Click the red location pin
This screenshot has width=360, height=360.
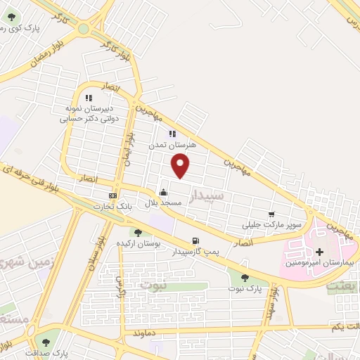point(181,165)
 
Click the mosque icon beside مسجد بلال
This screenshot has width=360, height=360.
point(164,192)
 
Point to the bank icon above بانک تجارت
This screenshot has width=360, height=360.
point(112,195)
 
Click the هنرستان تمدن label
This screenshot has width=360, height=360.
point(172,144)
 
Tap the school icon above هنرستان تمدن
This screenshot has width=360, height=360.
point(172,134)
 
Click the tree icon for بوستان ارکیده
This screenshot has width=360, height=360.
point(138,233)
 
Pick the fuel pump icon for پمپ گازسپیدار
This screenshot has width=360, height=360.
point(195,240)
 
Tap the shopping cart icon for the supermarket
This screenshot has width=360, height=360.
point(271,214)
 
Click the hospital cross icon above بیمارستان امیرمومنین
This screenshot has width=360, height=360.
point(320,252)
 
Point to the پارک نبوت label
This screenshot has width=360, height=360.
point(245,288)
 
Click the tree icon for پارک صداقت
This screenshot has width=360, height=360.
point(46,342)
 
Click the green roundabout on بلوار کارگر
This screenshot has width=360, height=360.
point(84,29)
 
